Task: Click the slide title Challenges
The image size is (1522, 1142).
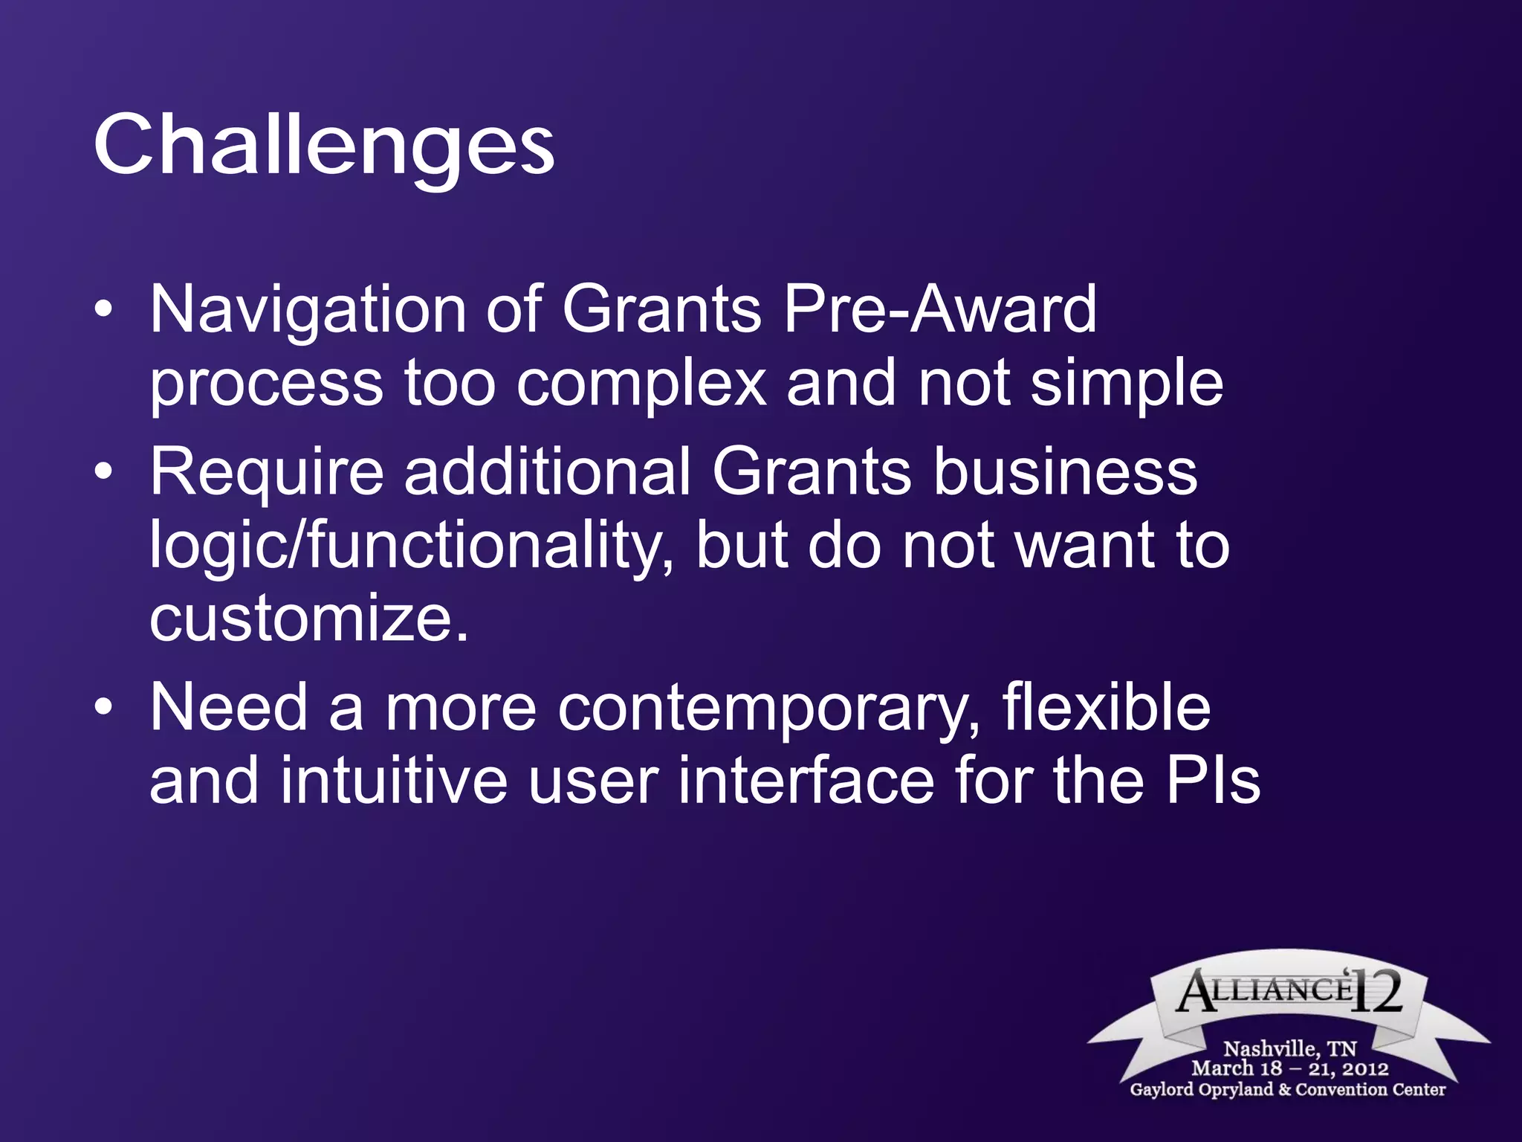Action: (323, 145)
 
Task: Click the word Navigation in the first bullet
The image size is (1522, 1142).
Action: (308, 309)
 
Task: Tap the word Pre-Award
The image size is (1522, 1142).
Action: (940, 309)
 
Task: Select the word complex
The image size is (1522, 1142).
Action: (641, 384)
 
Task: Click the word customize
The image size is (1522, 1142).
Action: (308, 619)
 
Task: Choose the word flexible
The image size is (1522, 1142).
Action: (1106, 708)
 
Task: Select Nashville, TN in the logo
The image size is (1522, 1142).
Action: (1289, 1048)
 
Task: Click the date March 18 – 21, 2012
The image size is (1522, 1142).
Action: (1289, 1068)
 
